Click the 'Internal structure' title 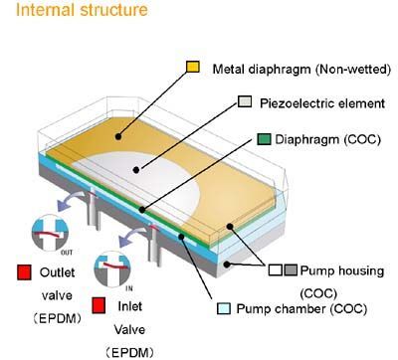[x=82, y=9]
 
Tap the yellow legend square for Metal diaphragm [x=193, y=67]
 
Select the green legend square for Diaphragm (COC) [x=264, y=139]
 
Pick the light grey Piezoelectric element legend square [x=245, y=101]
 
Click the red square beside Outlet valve [x=24, y=272]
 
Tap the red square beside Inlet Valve [x=99, y=305]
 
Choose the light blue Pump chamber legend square [x=224, y=308]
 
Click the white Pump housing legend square [x=276, y=270]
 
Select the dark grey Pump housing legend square [x=291, y=270]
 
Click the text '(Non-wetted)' [x=353, y=70]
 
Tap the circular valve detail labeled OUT [x=50, y=233]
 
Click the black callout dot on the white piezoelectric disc [x=136, y=170]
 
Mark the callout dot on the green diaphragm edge [x=142, y=210]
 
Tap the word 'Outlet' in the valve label [x=57, y=272]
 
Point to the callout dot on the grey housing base [x=227, y=265]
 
